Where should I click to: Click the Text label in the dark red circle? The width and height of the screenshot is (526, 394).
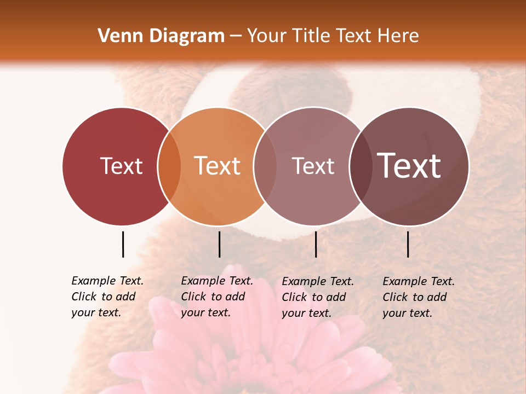tap(121, 166)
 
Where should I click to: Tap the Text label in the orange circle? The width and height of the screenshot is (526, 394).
tap(218, 166)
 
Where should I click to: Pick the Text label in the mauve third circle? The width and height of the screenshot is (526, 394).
tap(313, 166)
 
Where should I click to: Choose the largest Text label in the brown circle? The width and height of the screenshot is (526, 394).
tap(409, 166)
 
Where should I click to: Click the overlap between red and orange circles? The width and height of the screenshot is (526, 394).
tap(169, 166)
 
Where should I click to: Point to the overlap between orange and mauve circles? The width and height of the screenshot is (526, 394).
tap(265, 166)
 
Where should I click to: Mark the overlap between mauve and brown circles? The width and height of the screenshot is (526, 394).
tap(361, 166)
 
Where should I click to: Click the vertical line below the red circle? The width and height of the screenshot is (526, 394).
tap(123, 244)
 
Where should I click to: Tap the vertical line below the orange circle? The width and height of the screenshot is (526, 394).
tap(219, 244)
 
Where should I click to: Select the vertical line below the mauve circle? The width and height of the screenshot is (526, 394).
tap(316, 244)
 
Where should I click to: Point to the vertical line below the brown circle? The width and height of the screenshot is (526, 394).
tap(408, 244)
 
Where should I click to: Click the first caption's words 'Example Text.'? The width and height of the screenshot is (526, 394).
tap(107, 281)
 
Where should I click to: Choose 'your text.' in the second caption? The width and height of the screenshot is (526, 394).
tap(205, 312)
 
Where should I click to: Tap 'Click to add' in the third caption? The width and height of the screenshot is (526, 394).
tap(314, 297)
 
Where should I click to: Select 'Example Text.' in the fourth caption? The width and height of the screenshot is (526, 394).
tap(419, 281)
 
